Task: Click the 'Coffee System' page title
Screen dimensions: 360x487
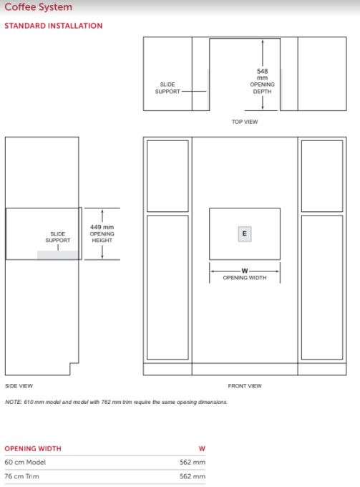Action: (x=38, y=7)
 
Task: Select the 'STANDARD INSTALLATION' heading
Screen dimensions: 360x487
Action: (x=54, y=26)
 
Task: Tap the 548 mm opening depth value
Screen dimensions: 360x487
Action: (x=262, y=74)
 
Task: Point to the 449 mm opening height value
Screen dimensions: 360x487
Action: (x=102, y=227)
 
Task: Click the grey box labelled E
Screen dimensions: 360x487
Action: (x=245, y=233)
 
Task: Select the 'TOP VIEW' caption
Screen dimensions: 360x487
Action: (x=245, y=122)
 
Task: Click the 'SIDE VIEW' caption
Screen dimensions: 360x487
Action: (x=19, y=386)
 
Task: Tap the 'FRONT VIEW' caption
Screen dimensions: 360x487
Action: (x=245, y=386)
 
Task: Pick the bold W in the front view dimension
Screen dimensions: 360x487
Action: (x=245, y=271)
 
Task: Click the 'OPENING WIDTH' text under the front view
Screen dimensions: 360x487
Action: (x=245, y=278)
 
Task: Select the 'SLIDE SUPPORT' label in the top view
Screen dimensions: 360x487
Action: (x=167, y=88)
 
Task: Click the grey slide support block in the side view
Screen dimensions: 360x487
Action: (x=58, y=255)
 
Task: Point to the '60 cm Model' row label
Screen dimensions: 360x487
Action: (x=25, y=462)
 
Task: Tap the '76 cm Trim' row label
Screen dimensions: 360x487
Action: (x=21, y=476)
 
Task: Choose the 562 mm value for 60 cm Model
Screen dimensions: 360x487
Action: (x=193, y=462)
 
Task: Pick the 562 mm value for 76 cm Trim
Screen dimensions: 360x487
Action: (x=193, y=476)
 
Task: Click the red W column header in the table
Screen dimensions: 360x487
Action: (x=202, y=448)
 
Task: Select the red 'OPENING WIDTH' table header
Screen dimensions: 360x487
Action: (x=33, y=448)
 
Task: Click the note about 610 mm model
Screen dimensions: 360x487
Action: (x=117, y=402)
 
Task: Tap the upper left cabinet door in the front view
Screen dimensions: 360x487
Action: (x=167, y=176)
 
